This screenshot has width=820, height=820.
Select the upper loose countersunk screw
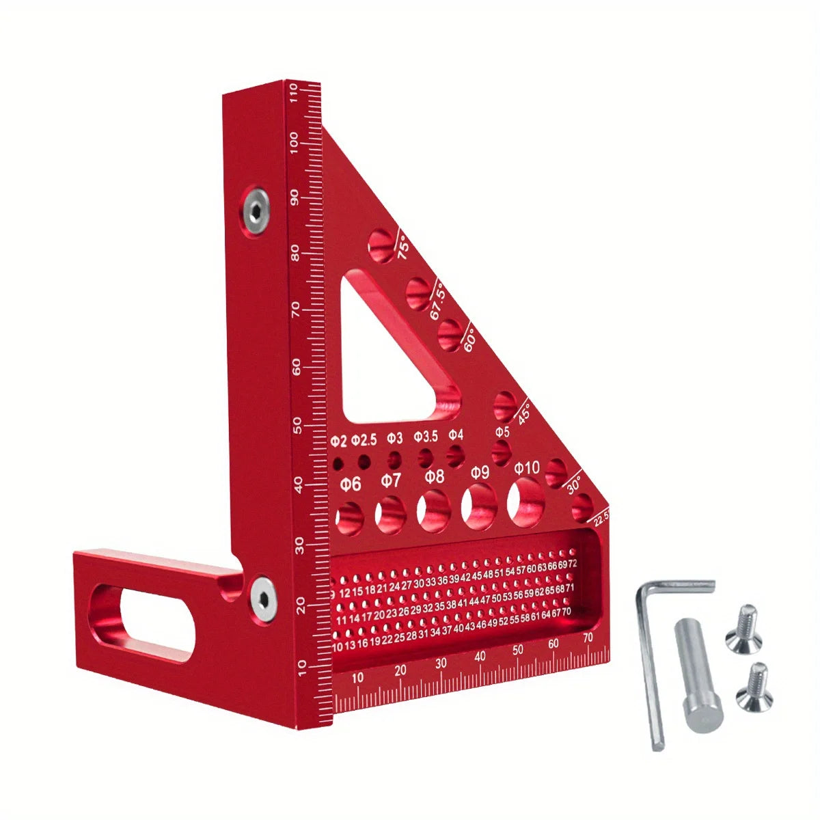[x=744, y=629]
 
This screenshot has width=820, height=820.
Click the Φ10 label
[x=527, y=468]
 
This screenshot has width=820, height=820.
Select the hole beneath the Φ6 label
[x=349, y=517]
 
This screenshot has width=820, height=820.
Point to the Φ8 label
[x=434, y=476]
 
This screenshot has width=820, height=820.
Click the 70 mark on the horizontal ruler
[x=588, y=638]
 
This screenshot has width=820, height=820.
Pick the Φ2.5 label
[x=364, y=439]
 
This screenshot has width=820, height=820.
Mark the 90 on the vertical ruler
[x=295, y=198]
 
